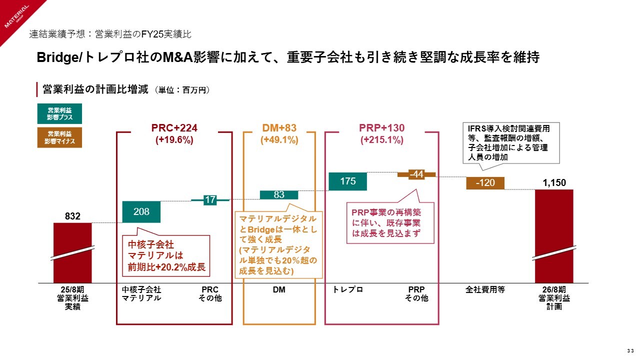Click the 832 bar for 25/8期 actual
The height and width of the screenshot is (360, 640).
(x=72, y=252)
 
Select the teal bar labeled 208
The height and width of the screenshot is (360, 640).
(x=141, y=211)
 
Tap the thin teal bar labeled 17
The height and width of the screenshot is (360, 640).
(x=210, y=200)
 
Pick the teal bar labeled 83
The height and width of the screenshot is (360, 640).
(x=279, y=194)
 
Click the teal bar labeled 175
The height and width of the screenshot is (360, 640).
(x=348, y=181)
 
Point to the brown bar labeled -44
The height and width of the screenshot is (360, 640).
(x=416, y=174)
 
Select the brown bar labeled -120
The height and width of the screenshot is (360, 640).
(x=485, y=183)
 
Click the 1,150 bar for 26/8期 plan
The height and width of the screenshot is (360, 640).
(x=554, y=235)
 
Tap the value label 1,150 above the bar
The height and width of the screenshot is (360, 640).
(x=554, y=183)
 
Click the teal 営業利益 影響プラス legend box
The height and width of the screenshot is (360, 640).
(x=59, y=113)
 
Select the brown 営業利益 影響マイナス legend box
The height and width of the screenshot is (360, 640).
(x=59, y=137)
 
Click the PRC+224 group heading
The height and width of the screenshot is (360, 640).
(x=174, y=127)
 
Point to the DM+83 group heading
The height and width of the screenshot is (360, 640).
(x=279, y=127)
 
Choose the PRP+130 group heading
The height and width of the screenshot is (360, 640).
(x=382, y=127)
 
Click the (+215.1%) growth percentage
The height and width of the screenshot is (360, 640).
(x=382, y=140)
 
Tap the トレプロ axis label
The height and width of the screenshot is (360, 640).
(x=347, y=289)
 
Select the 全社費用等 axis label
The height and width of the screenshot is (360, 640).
(x=485, y=289)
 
